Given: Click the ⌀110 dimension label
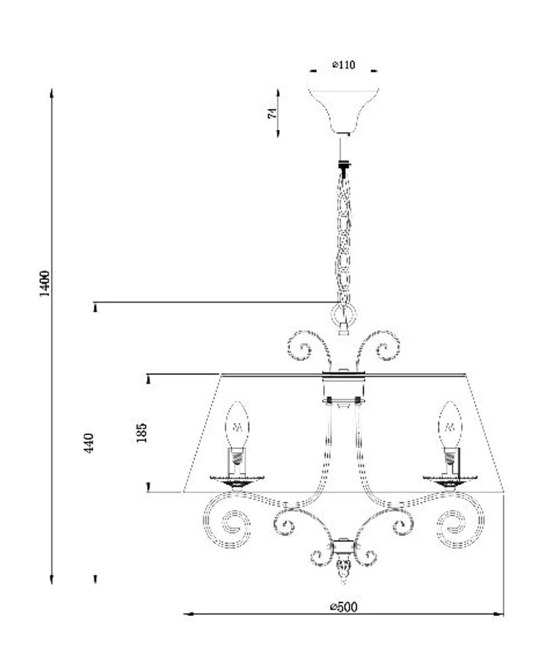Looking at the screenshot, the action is (x=343, y=65).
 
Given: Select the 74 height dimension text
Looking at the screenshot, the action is (x=272, y=113).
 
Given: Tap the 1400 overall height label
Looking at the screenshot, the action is (x=45, y=284).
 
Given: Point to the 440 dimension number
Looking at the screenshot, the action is (x=89, y=443).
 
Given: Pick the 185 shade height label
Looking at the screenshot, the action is (x=142, y=432).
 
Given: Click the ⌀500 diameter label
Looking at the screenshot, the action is (x=343, y=607).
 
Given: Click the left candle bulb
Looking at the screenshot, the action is (x=237, y=424).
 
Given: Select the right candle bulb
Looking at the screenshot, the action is (x=450, y=424).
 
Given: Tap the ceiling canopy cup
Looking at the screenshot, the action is (x=343, y=110).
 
